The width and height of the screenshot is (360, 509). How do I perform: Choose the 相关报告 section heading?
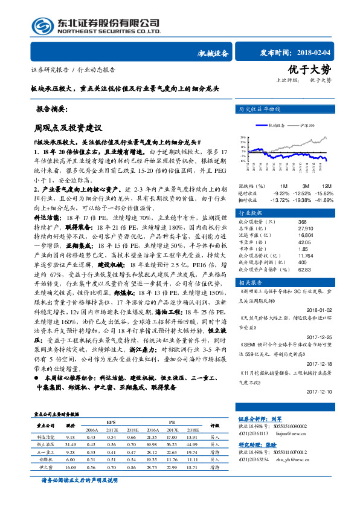coord(251,282)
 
